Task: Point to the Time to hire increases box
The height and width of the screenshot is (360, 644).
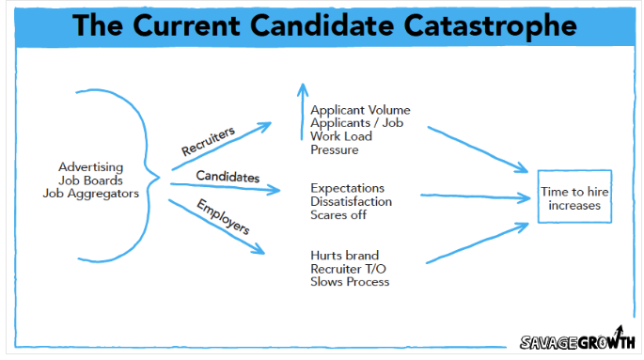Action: pyautogui.click(x=575, y=197)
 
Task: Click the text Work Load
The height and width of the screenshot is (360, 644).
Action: pyautogui.click(x=342, y=136)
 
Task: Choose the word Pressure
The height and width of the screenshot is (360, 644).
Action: pyautogui.click(x=336, y=149)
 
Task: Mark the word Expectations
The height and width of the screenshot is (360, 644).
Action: pyautogui.click(x=348, y=188)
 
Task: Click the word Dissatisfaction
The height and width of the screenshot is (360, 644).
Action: pyautogui.click(x=352, y=201)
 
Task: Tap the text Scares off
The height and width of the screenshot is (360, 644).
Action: pyautogui.click(x=340, y=214)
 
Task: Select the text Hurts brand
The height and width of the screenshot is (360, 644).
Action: pyautogui.click(x=345, y=255)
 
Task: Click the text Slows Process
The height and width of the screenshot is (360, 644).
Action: pyautogui.click(x=350, y=281)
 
